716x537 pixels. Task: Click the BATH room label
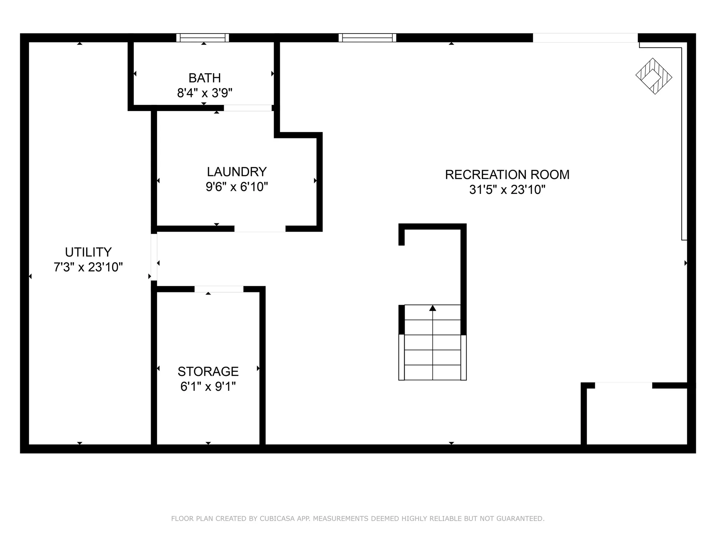click(x=204, y=78)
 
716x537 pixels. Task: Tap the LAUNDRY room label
click(x=237, y=172)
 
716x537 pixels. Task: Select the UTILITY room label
click(x=88, y=252)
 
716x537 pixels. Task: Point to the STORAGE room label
click(x=208, y=372)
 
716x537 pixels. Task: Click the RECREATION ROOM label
click(x=507, y=175)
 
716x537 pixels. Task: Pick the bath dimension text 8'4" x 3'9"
click(x=205, y=93)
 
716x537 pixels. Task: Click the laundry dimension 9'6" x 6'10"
click(x=237, y=187)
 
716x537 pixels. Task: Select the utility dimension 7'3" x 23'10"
click(x=88, y=267)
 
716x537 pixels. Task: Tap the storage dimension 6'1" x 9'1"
click(x=208, y=387)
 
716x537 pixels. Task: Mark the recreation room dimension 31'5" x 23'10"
click(x=507, y=190)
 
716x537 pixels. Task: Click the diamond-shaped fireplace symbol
click(x=654, y=76)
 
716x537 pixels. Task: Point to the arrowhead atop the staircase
click(x=433, y=308)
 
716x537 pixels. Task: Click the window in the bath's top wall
click(x=202, y=38)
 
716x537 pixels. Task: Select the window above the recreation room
click(x=367, y=38)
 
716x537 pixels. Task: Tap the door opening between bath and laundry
click(x=248, y=108)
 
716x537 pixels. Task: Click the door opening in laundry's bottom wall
click(x=260, y=229)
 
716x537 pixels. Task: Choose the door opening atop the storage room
click(x=219, y=289)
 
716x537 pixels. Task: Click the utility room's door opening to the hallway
click(x=154, y=257)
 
